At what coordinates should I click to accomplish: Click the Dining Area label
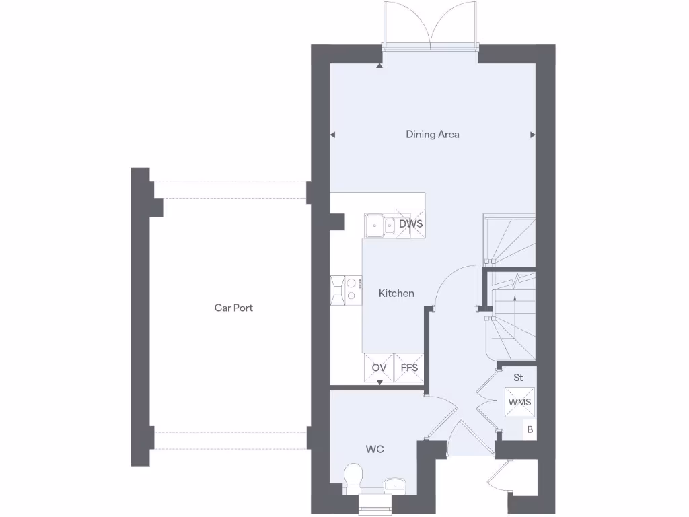click(433, 135)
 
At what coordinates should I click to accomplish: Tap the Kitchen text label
click(396, 294)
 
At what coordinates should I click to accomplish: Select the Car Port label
click(233, 308)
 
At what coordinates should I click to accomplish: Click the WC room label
click(375, 449)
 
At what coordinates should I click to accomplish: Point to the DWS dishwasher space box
click(410, 223)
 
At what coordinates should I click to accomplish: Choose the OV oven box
click(379, 368)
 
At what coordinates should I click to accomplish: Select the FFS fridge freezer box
click(409, 368)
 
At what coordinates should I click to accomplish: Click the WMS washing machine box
click(519, 402)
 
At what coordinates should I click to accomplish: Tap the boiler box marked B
click(530, 429)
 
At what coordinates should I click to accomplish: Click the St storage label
click(518, 378)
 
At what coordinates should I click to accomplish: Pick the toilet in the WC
click(353, 477)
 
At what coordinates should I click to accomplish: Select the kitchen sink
click(379, 225)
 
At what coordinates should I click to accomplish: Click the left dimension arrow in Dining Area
click(332, 135)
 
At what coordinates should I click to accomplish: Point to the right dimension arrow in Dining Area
click(533, 135)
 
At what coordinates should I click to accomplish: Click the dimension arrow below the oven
click(379, 383)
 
